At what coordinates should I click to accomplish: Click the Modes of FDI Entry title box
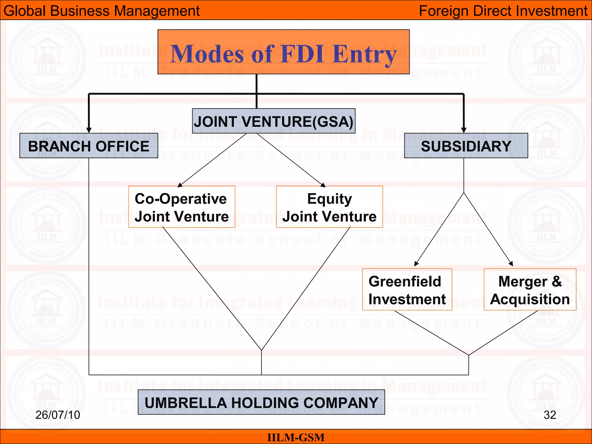pyautogui.click(x=283, y=52)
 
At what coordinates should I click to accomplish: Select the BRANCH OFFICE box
pyautogui.click(x=88, y=146)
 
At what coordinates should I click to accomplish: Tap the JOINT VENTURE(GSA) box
pyautogui.click(x=273, y=121)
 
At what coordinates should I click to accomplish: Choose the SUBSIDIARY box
pyautogui.click(x=466, y=146)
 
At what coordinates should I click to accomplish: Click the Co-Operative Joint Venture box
pyautogui.click(x=182, y=207)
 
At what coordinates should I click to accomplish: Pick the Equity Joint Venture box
pyautogui.click(x=329, y=207)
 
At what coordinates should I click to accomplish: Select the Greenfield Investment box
pyautogui.click(x=407, y=290)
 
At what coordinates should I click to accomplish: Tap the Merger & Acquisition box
pyautogui.click(x=530, y=290)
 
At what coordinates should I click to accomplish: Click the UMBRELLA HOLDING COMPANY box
pyautogui.click(x=261, y=402)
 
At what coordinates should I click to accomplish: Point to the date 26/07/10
pyautogui.click(x=58, y=415)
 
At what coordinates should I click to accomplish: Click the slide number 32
pyautogui.click(x=550, y=415)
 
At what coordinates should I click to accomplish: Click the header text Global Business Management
pyautogui.click(x=101, y=11)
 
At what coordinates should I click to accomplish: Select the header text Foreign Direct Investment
pyautogui.click(x=503, y=11)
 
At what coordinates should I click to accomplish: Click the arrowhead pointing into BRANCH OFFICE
pyautogui.click(x=89, y=130)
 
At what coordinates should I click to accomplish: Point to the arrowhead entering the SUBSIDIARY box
pyautogui.click(x=464, y=130)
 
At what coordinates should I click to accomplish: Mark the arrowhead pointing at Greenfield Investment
pyautogui.click(x=416, y=264)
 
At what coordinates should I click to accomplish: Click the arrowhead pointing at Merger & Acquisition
pyautogui.click(x=511, y=264)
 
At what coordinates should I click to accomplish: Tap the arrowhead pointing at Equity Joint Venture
pyautogui.click(x=323, y=185)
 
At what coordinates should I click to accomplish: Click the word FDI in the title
pyautogui.click(x=302, y=54)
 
